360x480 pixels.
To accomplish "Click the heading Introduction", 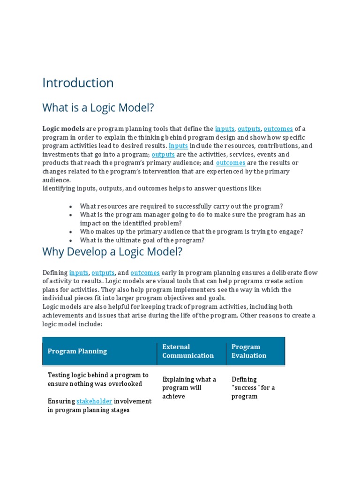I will [x=78, y=83].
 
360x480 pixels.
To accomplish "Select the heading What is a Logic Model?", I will [x=98, y=108].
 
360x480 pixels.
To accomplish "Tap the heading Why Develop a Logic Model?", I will [x=112, y=252].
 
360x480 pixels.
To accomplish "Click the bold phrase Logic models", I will [x=64, y=129].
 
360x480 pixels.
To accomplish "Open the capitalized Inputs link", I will [x=178, y=146].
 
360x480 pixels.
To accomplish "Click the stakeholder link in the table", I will [x=94, y=401].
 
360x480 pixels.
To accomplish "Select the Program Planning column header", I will [x=77, y=351].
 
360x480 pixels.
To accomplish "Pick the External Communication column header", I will [x=187, y=351].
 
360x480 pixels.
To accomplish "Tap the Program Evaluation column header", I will [x=248, y=351].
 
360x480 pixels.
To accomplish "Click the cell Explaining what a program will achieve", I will [x=189, y=388].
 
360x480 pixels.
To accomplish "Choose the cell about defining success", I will [x=253, y=388].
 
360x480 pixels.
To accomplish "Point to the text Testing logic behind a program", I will [x=98, y=375].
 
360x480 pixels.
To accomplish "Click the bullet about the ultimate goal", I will [x=142, y=240].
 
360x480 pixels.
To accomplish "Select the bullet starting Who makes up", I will [x=191, y=232].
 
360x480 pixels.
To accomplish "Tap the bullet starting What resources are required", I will [x=181, y=206].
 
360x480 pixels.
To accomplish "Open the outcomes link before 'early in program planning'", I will [x=145, y=273].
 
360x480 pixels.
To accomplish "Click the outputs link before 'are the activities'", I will [x=163, y=154].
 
